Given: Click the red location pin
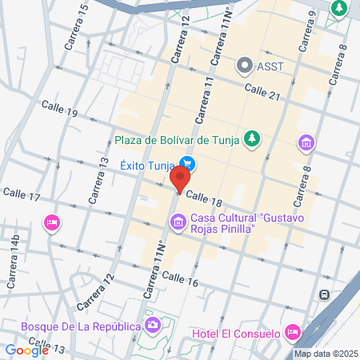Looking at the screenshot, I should click(183, 178).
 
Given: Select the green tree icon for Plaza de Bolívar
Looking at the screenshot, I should click(253, 139).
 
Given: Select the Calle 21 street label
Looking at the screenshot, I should click(263, 94).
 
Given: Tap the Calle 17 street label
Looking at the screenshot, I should click(22, 194).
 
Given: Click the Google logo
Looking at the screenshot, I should click(26, 350).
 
